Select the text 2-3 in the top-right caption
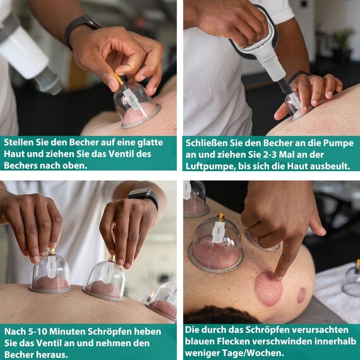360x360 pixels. (296, 154)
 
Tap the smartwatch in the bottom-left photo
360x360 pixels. (143, 198)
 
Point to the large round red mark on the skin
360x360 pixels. (268, 289)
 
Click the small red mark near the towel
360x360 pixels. (302, 295)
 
